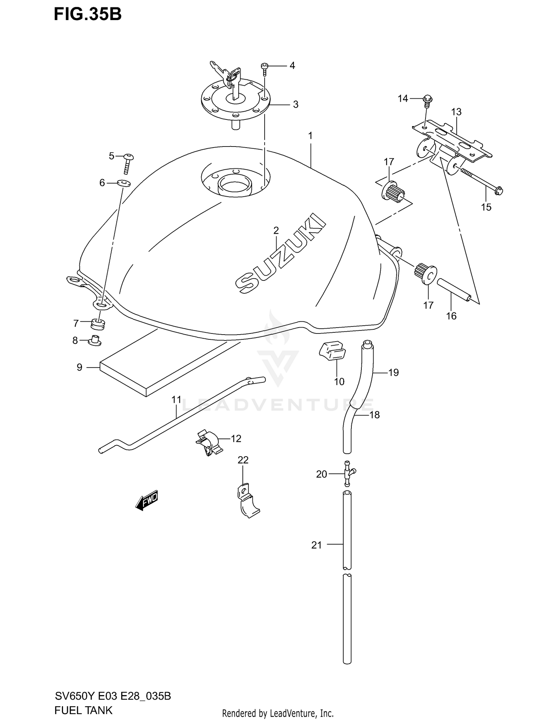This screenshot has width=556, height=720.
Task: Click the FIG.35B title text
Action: [x=87, y=14]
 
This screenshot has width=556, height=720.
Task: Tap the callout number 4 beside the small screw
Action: [x=292, y=66]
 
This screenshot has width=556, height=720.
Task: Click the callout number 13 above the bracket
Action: [x=456, y=112]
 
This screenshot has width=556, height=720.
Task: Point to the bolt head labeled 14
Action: [x=427, y=99]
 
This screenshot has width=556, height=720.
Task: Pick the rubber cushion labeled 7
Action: [x=98, y=323]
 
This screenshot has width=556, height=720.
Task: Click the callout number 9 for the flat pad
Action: [x=79, y=367]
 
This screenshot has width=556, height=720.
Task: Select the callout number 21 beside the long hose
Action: [x=316, y=545]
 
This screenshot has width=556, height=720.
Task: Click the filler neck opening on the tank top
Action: [x=234, y=184]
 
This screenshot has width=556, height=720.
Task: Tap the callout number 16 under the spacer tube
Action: [x=451, y=316]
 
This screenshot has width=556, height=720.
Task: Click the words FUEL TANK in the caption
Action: [x=83, y=710]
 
